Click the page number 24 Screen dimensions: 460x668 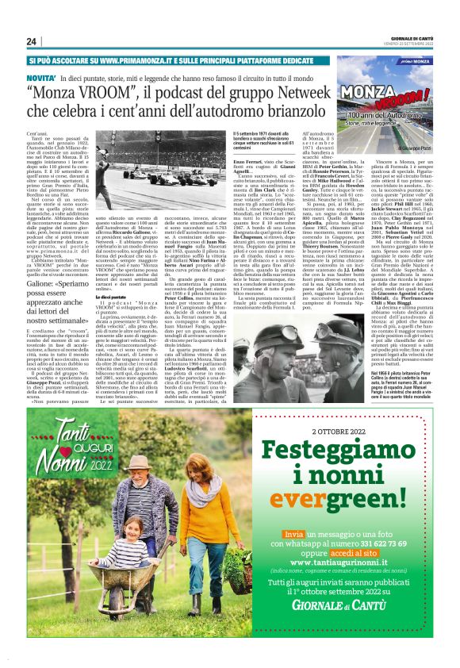tap(33, 41)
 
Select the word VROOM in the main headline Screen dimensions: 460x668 tap(105, 94)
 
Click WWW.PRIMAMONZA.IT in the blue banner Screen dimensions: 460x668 tap(132, 60)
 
